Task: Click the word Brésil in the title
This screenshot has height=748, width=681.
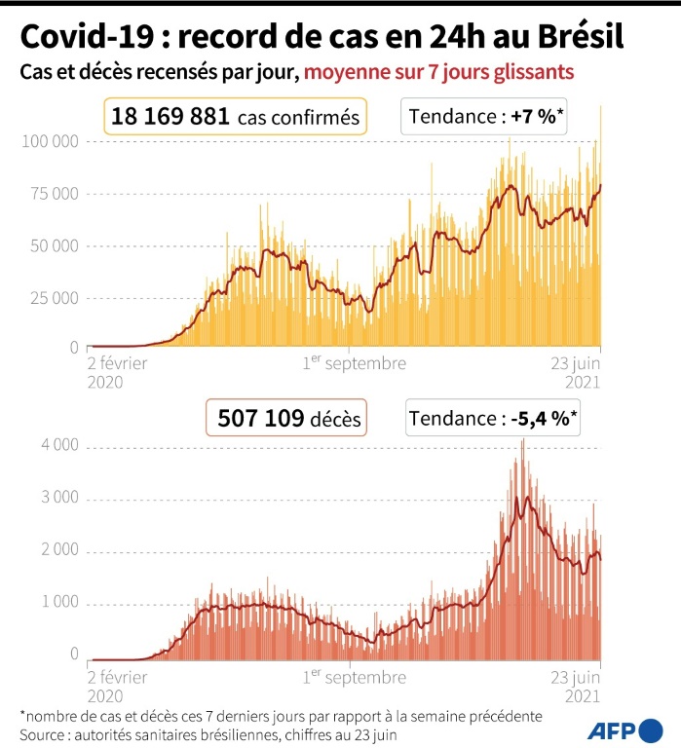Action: pyautogui.click(x=575, y=37)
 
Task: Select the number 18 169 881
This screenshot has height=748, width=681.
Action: pyautogui.click(x=170, y=118)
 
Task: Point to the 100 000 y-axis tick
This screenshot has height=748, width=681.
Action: pyautogui.click(x=50, y=142)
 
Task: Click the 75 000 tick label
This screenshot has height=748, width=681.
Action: pyautogui.click(x=54, y=194)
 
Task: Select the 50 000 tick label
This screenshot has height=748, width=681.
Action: pyautogui.click(x=54, y=245)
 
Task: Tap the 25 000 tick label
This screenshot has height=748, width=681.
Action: pyautogui.click(x=54, y=297)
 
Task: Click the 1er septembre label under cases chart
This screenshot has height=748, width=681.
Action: pyautogui.click(x=354, y=363)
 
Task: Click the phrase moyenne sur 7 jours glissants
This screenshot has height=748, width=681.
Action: pyautogui.click(x=438, y=73)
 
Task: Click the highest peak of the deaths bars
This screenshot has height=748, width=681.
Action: pyautogui.click(x=523, y=441)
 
